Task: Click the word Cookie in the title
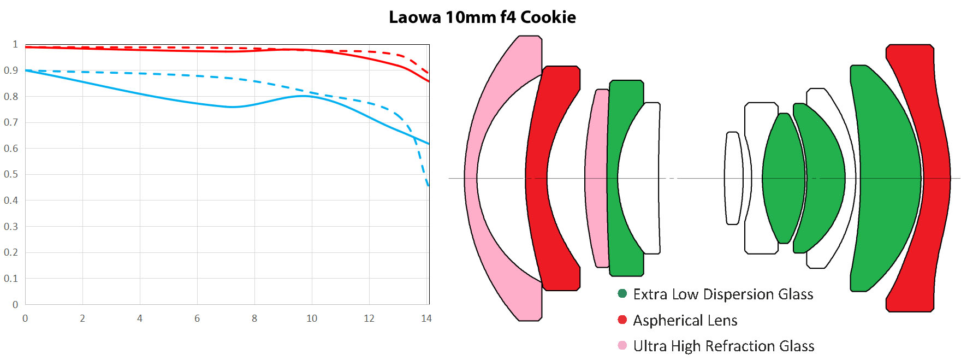pyautogui.click(x=548, y=17)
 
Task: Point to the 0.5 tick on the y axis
pyautogui.click(x=11, y=174)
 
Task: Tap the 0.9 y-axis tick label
pyautogui.click(x=11, y=70)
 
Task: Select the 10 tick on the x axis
pyautogui.click(x=312, y=318)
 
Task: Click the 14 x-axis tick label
pyautogui.click(x=426, y=318)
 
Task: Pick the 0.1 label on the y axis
pyautogui.click(x=11, y=279)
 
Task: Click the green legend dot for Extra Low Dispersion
pyautogui.click(x=622, y=293)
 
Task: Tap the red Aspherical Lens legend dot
pyautogui.click(x=622, y=320)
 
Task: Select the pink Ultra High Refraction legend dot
pyautogui.click(x=622, y=345)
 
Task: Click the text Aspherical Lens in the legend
pyautogui.click(x=685, y=321)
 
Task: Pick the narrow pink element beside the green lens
pyautogui.click(x=596, y=178)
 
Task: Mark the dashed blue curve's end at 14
pyautogui.click(x=428, y=186)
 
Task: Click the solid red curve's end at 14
pyautogui.click(x=429, y=81)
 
